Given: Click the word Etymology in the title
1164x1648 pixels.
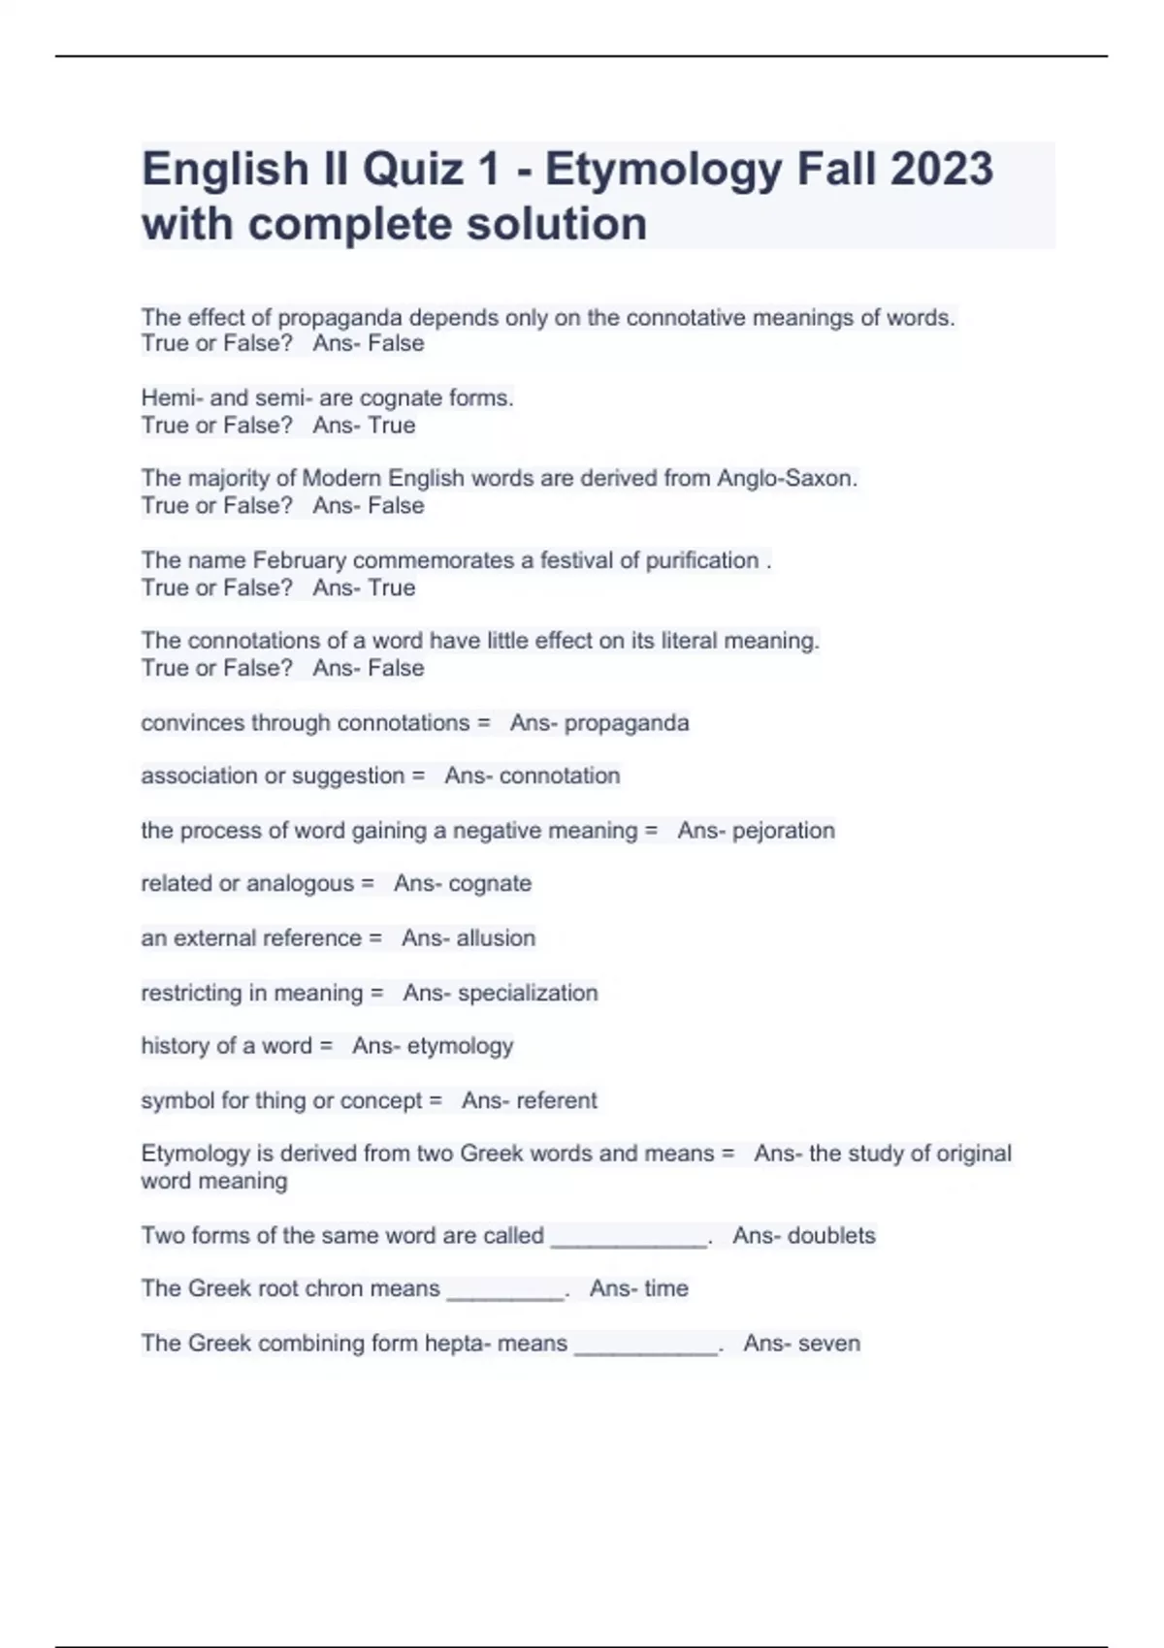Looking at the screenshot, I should (663, 170).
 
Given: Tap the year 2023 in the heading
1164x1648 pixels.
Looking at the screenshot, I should (941, 169).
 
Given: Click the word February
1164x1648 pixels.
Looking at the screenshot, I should (299, 560).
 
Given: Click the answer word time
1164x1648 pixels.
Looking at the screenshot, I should (665, 1289).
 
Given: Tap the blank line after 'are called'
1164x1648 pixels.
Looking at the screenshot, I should (629, 1242).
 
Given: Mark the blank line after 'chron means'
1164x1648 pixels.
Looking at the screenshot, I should (505, 1295).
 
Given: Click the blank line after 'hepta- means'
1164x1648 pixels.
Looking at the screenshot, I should (646, 1349).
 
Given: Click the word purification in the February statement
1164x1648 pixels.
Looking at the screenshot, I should (702, 560).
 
